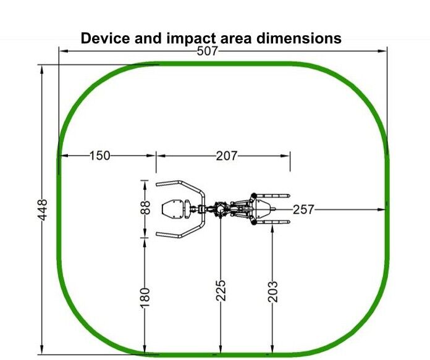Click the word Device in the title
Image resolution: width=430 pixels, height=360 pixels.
point(105,38)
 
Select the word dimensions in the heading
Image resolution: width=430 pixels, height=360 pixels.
point(299,38)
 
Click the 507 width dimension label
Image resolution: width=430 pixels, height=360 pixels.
point(207,51)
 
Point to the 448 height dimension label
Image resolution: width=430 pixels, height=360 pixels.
point(43,210)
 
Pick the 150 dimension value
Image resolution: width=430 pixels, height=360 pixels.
point(100,156)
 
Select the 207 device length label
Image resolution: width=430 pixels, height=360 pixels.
point(227,156)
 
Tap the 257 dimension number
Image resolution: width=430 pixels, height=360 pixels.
point(303,210)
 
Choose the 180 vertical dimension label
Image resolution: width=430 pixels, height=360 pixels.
point(145,298)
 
